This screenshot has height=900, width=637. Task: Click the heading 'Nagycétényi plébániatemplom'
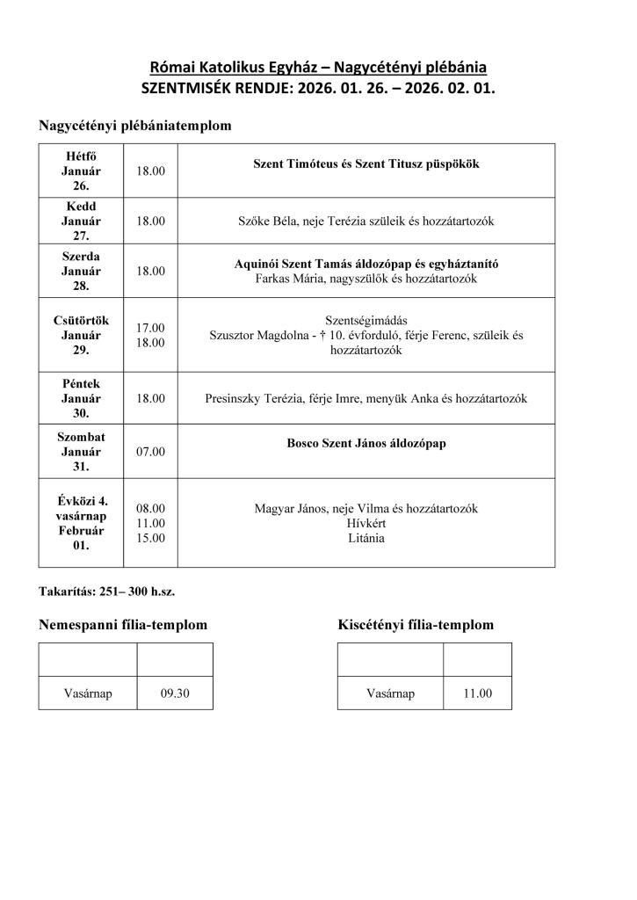[134, 126]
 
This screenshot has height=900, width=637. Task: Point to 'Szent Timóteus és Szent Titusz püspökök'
[366, 164]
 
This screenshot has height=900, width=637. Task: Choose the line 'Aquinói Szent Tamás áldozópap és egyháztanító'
[366, 264]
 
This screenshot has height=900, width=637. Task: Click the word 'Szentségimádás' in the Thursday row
[366, 320]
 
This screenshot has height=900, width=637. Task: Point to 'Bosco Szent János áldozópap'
[366, 444]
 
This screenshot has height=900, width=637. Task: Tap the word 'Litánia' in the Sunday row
[366, 538]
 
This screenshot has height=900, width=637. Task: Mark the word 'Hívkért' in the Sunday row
[366, 523]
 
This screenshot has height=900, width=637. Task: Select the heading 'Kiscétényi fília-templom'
[415, 625]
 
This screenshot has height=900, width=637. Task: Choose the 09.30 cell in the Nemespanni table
[175, 693]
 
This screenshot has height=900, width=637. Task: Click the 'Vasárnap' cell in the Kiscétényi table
[390, 693]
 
